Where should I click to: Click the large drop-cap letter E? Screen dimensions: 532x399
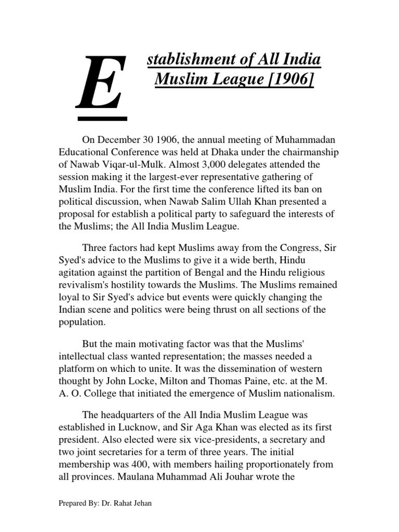(102, 85)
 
